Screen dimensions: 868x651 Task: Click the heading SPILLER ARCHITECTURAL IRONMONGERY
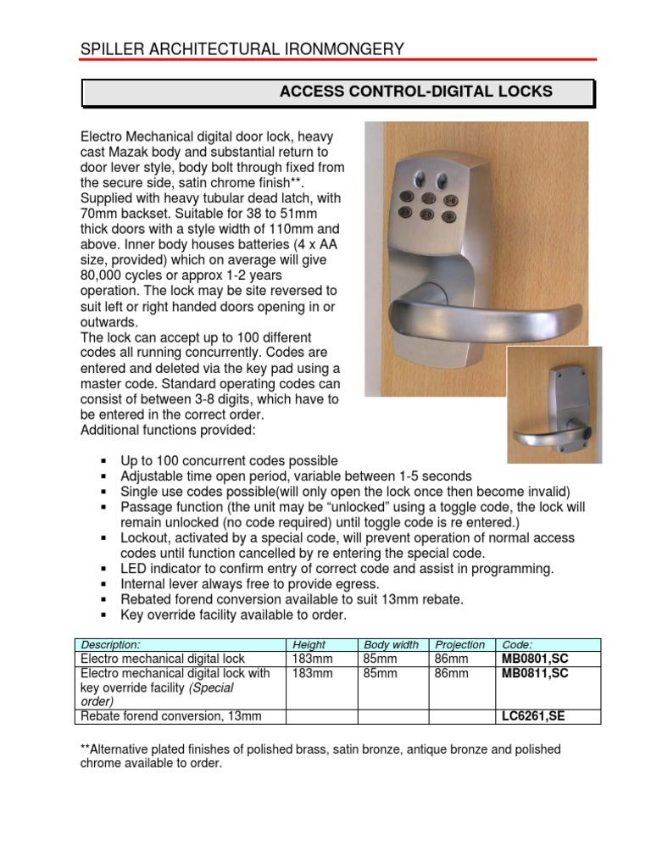tap(242, 49)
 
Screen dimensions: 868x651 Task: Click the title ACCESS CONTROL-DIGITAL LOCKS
tap(415, 92)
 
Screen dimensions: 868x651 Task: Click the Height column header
tap(309, 645)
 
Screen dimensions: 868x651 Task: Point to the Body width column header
tap(392, 645)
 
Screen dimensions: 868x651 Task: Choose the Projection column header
tap(459, 645)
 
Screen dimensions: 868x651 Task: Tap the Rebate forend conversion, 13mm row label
tap(170, 716)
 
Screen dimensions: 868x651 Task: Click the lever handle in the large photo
tap(466, 318)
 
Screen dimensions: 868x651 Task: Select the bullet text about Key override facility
tap(234, 615)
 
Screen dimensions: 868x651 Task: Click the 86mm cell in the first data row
tap(446, 659)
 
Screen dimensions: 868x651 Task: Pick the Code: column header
tap(517, 645)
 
